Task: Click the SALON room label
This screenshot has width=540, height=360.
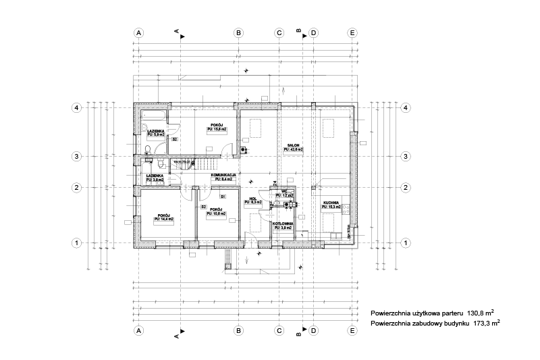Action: (x=293, y=145)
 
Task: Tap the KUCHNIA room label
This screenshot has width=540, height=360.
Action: (x=330, y=202)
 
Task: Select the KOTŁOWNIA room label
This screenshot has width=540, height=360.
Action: (x=283, y=224)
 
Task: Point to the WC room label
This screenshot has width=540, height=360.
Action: (x=285, y=191)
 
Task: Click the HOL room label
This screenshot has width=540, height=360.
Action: (x=254, y=198)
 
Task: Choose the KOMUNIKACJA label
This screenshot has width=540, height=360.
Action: (x=223, y=175)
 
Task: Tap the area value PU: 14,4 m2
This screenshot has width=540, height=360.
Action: (x=163, y=220)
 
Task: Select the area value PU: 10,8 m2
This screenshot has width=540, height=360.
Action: (x=216, y=213)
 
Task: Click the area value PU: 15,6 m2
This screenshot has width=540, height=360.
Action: (x=217, y=130)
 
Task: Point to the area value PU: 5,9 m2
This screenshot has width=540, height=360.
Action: (x=156, y=135)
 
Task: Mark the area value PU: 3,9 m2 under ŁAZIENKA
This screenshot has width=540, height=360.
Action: (x=155, y=180)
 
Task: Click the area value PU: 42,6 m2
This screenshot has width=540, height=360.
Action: (x=293, y=149)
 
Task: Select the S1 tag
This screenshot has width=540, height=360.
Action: (x=222, y=196)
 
